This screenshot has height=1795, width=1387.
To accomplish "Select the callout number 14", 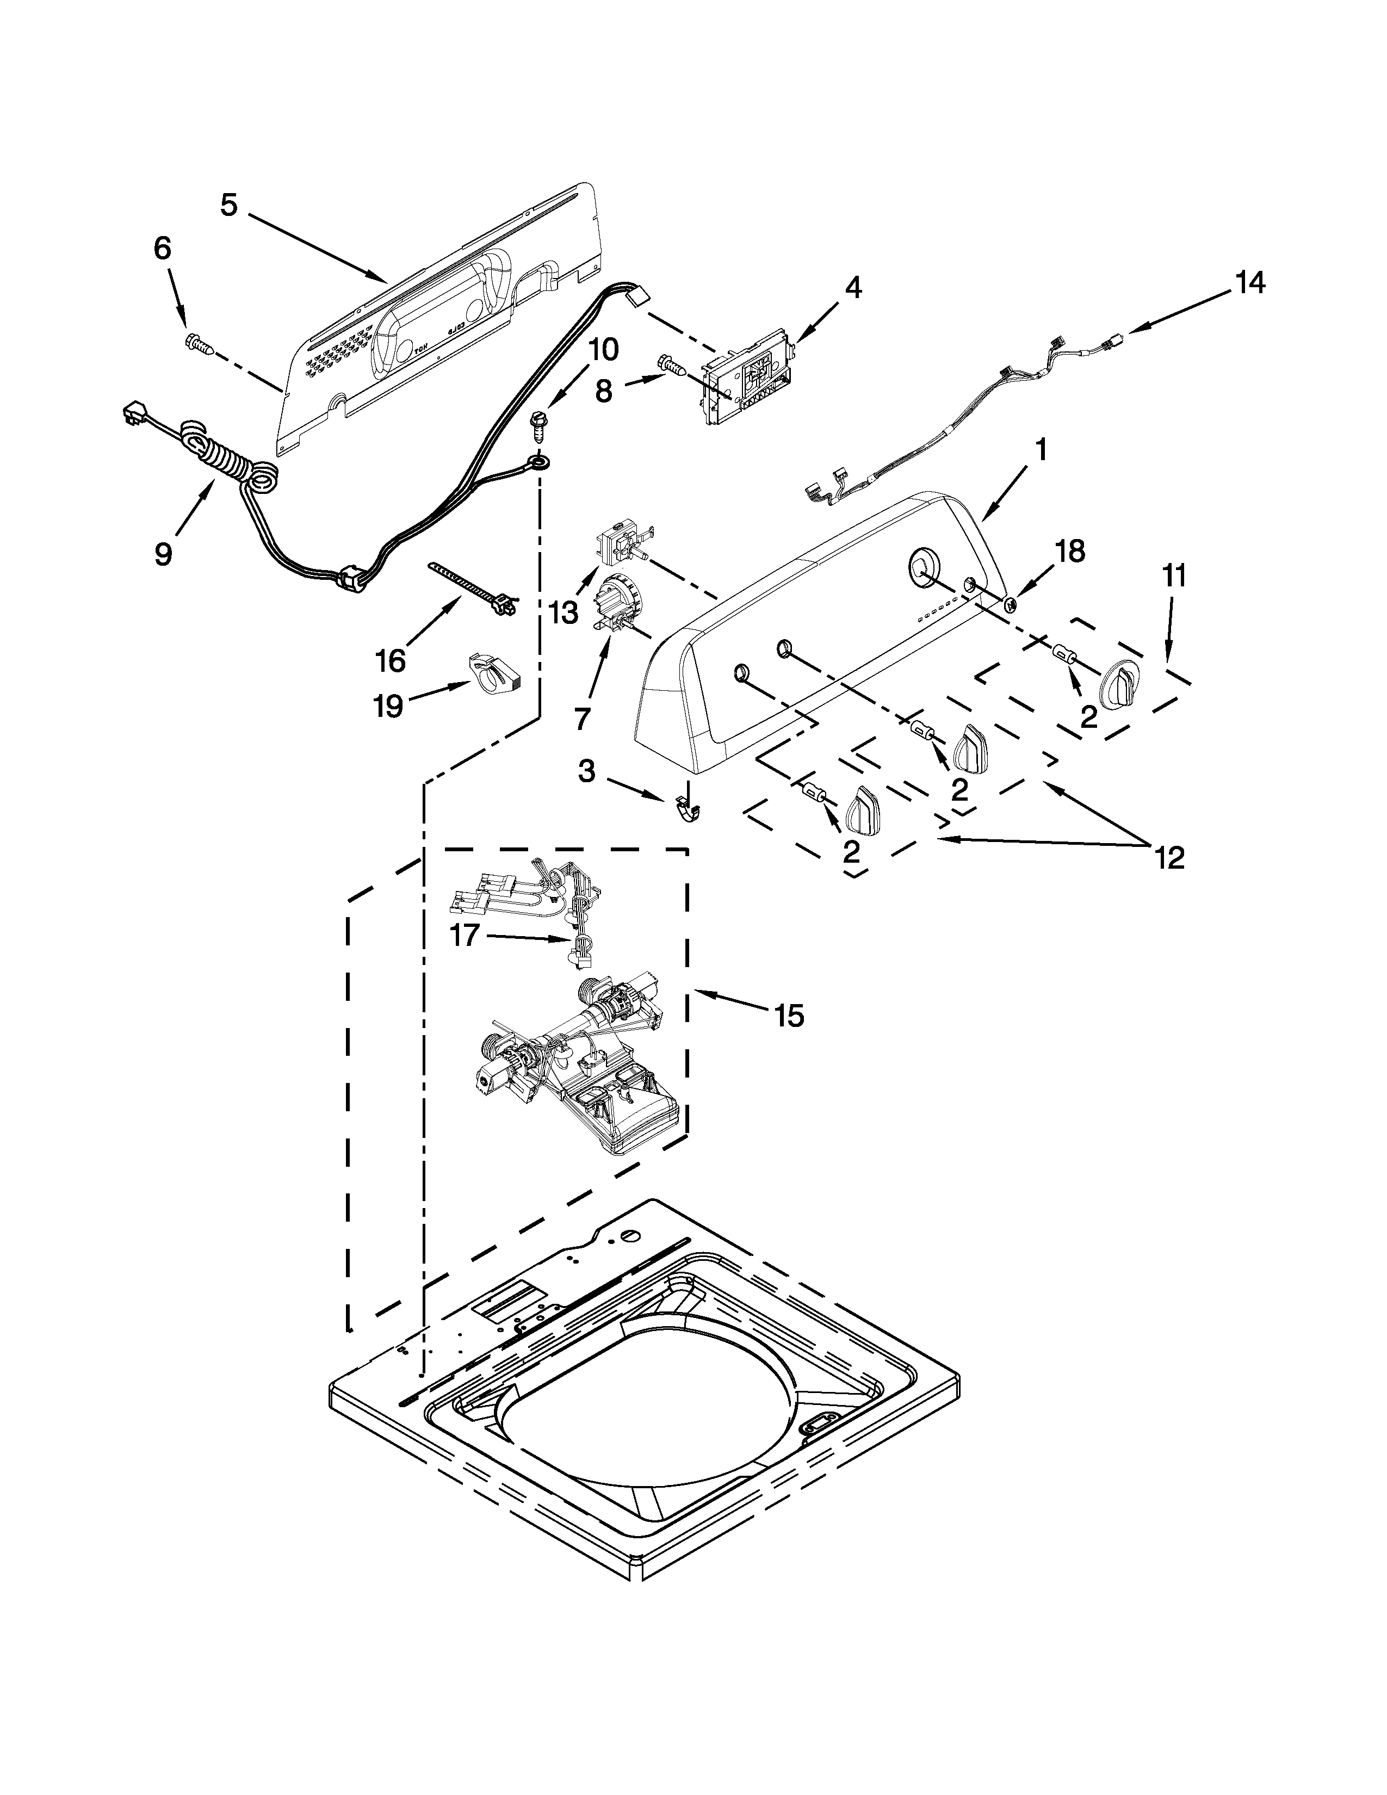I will (x=1249, y=283).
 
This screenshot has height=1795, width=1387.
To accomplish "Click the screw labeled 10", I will (x=538, y=431).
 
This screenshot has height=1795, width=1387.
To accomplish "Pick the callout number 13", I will (x=564, y=612).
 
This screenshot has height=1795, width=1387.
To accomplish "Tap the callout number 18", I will (x=1070, y=550).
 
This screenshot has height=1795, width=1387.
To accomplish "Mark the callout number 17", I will (x=465, y=934).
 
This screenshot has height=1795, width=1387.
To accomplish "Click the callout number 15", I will (x=788, y=1016).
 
